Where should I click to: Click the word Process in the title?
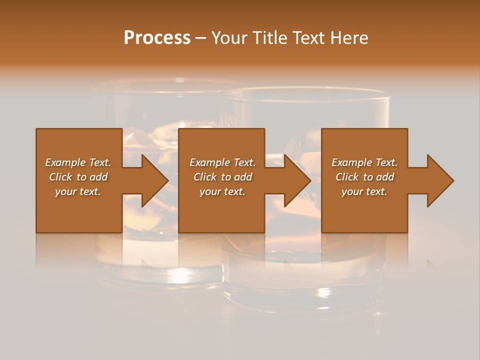tap(157, 38)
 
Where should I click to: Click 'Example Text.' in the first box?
tap(78, 162)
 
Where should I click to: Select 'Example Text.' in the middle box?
tap(222, 162)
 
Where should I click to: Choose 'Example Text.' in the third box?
tap(364, 162)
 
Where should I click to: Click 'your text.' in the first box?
tap(78, 191)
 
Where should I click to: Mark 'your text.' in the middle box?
tap(222, 191)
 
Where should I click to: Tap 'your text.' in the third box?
tap(364, 191)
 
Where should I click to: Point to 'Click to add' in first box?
tap(78, 177)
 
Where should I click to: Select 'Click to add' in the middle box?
tap(222, 177)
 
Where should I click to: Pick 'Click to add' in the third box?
tap(364, 177)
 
